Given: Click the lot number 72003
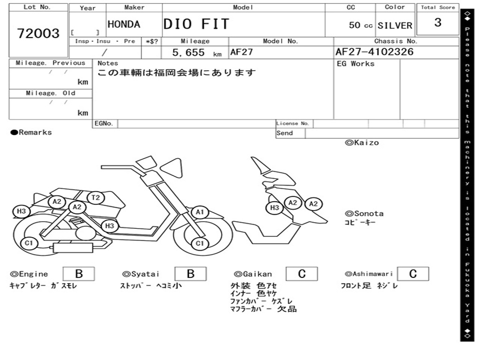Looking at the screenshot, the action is [38, 33].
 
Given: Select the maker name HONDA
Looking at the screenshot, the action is [124, 24].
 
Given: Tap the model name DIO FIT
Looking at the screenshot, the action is [196, 24].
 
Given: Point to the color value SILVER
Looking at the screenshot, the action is [395, 25].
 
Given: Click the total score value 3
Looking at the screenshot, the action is [438, 22].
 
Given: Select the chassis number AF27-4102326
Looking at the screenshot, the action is [375, 52].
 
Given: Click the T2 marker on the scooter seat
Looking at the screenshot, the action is [96, 197].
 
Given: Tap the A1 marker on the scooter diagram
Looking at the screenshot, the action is [200, 212].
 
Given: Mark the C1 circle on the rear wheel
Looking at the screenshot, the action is [29, 243].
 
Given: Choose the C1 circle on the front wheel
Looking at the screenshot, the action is [200, 243].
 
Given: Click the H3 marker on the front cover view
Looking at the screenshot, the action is [275, 208].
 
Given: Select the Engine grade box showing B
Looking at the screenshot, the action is [79, 274].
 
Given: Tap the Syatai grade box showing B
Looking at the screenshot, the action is [190, 274].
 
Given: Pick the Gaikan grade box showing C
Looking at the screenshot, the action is [302, 274].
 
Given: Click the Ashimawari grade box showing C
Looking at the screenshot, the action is [413, 274].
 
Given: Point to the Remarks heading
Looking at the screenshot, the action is [31, 132].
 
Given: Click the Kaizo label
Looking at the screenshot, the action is [362, 142].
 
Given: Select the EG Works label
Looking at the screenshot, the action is [355, 64].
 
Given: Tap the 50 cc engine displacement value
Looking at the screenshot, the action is [360, 25].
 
